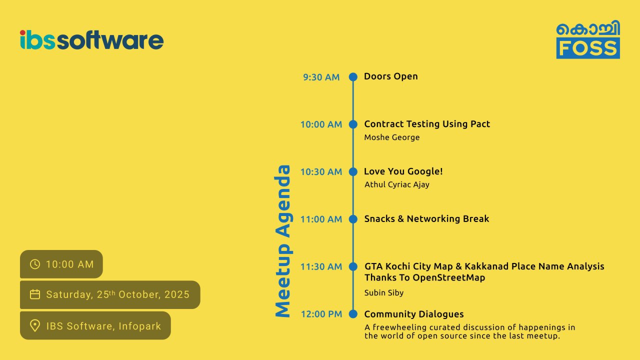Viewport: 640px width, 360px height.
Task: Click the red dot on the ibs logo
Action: tap(22, 33)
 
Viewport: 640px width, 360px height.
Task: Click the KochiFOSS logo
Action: tap(588, 39)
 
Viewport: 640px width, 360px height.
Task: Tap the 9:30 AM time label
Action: tap(321, 77)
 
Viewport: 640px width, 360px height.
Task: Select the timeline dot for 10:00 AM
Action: tap(353, 124)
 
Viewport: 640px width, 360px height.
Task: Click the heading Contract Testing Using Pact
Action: tap(427, 124)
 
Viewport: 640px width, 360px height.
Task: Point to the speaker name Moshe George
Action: tap(391, 137)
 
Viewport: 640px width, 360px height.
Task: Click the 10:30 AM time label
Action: tap(321, 171)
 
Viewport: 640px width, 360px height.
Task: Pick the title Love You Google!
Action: tap(403, 171)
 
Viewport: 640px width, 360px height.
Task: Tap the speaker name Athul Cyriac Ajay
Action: tap(397, 184)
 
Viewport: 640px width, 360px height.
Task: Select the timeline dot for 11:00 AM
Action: tap(353, 219)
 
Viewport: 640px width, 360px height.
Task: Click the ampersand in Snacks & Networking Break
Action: tap(400, 219)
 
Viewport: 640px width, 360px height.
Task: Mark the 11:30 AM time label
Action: tap(321, 266)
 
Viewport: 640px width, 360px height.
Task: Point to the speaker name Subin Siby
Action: tap(383, 293)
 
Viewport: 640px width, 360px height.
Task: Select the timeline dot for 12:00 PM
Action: tap(353, 314)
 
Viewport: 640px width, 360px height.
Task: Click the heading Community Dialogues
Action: tap(413, 314)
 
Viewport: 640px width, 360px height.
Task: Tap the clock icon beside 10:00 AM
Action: tap(35, 264)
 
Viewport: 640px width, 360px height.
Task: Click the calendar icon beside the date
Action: tap(35, 294)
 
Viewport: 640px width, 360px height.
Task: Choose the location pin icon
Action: tap(35, 325)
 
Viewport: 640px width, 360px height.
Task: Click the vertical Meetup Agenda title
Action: tap(283, 241)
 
